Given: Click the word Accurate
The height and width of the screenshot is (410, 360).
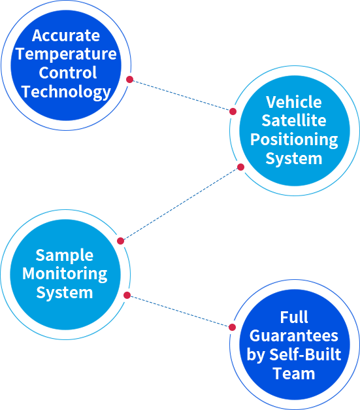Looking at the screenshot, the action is coord(66,35).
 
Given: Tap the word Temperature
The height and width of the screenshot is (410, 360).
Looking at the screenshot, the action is coord(66,54).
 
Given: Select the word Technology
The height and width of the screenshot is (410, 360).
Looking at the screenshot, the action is coord(67,92).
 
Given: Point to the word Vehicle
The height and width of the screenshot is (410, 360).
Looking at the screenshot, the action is coord(294,102).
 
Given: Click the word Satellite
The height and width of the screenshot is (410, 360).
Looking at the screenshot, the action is coord(294,120).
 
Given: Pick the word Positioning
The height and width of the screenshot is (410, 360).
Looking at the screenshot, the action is coord(294,140).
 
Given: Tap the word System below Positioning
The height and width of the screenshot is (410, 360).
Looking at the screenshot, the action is coord(294,159).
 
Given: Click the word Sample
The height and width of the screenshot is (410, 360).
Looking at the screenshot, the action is coord(65,256).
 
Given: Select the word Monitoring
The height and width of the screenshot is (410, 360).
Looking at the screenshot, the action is coord(65,274).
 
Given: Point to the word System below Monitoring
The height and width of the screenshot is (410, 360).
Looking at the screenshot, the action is coord(65,292).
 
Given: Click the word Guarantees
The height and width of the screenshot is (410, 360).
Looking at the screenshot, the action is coord(294,335).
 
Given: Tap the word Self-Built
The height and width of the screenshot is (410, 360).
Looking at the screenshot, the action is coord(305,354).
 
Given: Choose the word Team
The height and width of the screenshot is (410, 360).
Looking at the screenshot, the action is coord(294,373).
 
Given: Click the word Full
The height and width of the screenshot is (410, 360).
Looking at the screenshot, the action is coord(294,317).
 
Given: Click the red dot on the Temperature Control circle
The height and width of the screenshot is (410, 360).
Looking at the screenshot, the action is coord(129,79).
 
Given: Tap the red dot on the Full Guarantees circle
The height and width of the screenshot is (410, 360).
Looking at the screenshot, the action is coord(232,327).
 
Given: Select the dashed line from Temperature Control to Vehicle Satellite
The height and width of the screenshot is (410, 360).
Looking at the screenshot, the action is coord(181,95).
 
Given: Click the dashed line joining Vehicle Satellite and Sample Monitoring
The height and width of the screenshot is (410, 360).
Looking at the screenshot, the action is coord(180,204).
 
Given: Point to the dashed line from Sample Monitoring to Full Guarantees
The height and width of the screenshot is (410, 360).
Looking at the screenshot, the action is coord(180,311).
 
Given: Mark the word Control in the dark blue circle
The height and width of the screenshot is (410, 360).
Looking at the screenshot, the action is coord(68,73).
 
